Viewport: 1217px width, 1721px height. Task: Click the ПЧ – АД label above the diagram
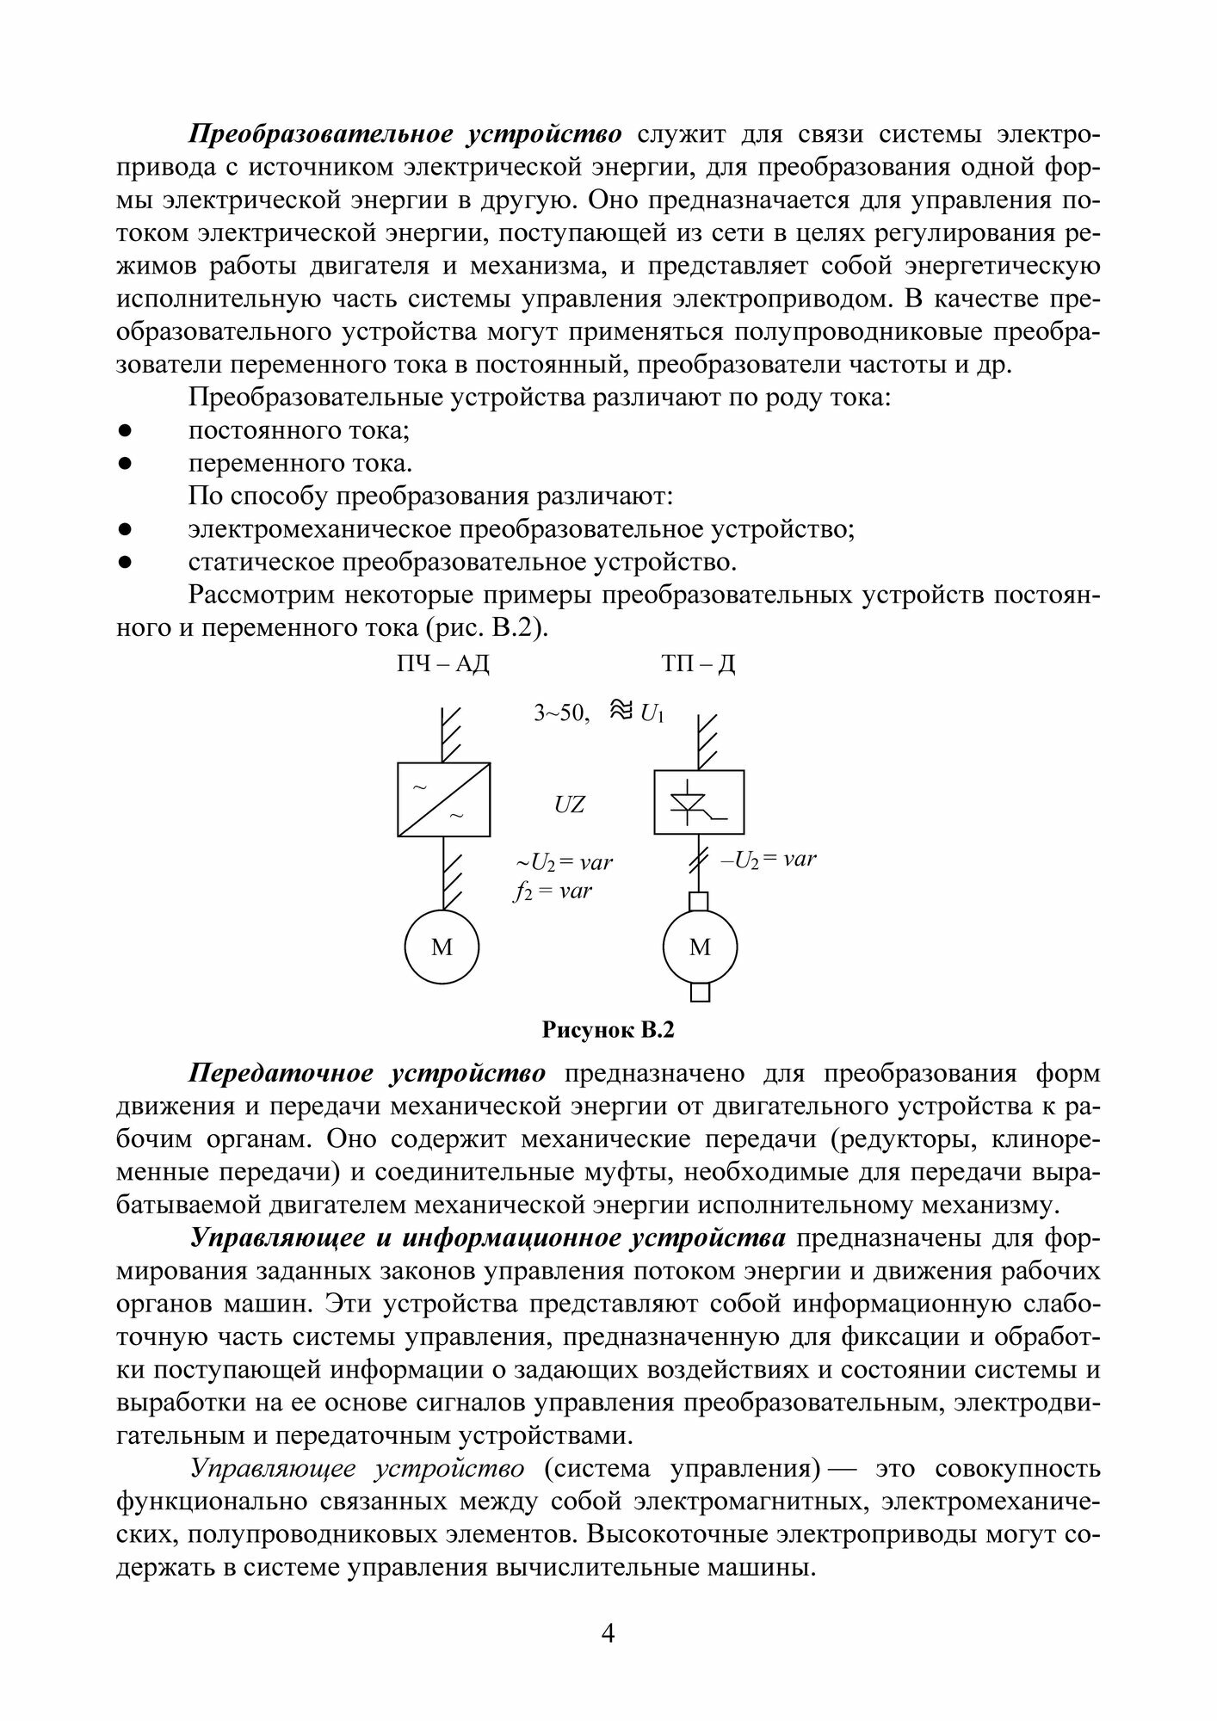[x=442, y=664]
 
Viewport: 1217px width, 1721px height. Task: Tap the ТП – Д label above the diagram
[x=699, y=664]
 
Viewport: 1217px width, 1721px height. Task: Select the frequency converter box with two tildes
[x=443, y=799]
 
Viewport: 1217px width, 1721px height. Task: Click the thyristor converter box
[x=699, y=802]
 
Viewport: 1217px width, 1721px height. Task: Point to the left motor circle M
[x=442, y=947]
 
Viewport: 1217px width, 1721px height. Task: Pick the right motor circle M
[x=700, y=947]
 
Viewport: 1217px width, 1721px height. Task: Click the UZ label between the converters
[x=570, y=805]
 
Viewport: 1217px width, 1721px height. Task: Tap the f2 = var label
[x=553, y=891]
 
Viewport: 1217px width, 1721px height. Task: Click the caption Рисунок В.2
[x=607, y=1030]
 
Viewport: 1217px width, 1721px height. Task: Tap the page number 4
[x=608, y=1632]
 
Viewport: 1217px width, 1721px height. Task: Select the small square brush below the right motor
[x=701, y=992]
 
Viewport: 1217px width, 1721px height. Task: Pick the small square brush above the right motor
[x=700, y=901]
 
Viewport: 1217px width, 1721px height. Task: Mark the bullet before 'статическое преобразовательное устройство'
[x=124, y=563]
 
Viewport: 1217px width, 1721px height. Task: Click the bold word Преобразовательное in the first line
[x=321, y=135]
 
